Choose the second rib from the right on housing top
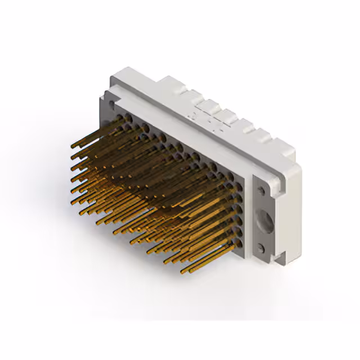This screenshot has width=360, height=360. click(243, 125)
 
